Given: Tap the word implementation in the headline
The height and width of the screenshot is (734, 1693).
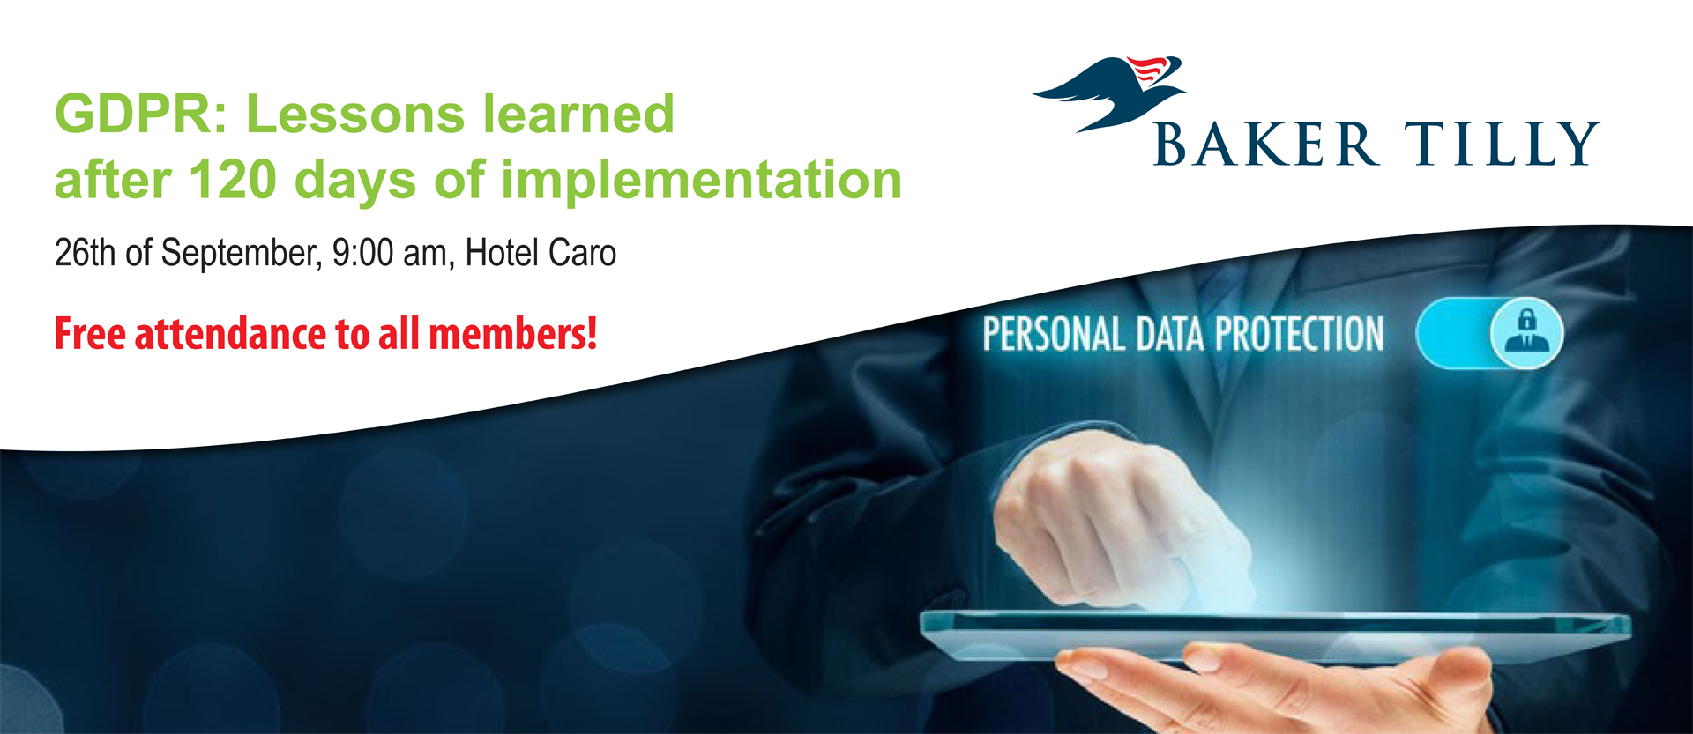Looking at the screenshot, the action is (701, 182).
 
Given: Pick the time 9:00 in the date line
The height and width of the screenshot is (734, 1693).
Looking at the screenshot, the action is (362, 253).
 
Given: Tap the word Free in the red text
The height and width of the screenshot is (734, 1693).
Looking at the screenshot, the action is (91, 334).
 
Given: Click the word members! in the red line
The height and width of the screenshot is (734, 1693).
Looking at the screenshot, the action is (513, 334).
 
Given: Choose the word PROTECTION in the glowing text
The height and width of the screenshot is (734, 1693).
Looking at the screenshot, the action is (1300, 335).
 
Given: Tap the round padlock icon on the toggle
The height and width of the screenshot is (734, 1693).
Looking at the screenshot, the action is (1526, 333).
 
